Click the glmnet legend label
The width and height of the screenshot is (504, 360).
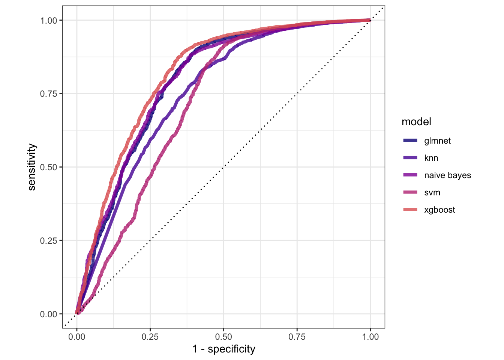pos(437,141)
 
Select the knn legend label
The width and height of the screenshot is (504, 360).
pos(431,158)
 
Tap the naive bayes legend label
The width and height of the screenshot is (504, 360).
pos(447,175)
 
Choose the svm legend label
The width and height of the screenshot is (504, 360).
pos(432,192)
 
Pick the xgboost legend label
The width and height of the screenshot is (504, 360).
pos(439,210)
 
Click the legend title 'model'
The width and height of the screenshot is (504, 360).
pos(416,122)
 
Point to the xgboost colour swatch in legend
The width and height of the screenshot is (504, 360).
pos(410,210)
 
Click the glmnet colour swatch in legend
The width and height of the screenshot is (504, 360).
pos(410,141)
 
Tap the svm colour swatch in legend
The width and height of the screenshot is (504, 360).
pos(410,192)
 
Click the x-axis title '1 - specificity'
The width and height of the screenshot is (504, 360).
pos(223,349)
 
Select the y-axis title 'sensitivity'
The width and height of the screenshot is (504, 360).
pos(32,167)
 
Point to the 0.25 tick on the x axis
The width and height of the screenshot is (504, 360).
pos(150,337)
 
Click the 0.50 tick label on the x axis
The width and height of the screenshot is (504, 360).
pos(223,337)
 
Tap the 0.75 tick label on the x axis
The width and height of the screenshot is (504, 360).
pos(297,337)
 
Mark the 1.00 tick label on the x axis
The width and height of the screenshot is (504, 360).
pos(370,337)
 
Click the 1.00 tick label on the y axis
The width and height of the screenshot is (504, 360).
pos(49,20)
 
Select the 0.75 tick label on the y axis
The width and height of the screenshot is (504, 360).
pos(49,94)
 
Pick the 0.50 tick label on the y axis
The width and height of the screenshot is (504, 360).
pos(49,167)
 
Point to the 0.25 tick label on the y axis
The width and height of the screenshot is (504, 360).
pos(49,240)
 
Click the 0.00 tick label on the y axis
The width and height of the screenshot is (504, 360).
pos(49,314)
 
